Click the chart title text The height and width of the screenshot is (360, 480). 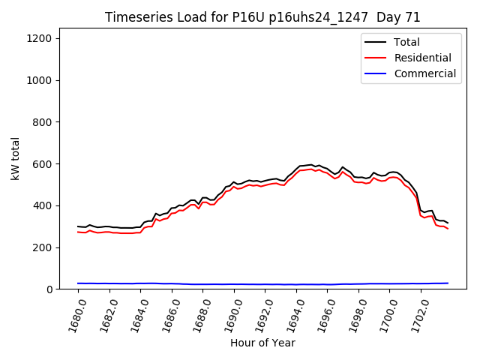click(262, 17)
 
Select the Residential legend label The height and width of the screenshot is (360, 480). click(422, 58)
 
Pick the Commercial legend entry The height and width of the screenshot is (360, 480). click(424, 73)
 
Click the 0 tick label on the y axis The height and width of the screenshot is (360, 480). click(48, 289)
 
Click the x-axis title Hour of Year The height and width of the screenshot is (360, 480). click(262, 343)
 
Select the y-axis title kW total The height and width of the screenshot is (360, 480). click(15, 163)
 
